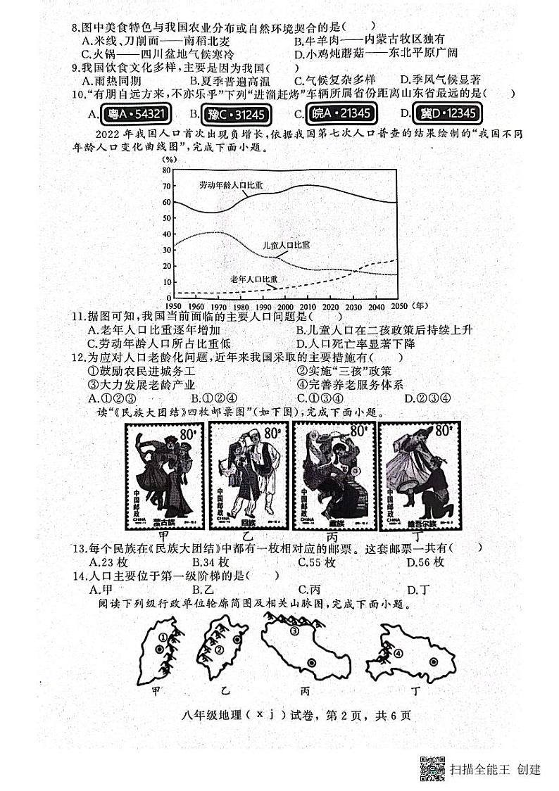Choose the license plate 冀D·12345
[448, 113]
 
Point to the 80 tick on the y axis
[166, 170]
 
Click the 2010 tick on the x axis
[308, 306]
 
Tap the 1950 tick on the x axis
[172, 306]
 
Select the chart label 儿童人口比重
[284, 244]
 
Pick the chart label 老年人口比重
[254, 279]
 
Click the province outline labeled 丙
[306, 651]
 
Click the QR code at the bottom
[432, 768]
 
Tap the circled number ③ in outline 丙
[294, 631]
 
